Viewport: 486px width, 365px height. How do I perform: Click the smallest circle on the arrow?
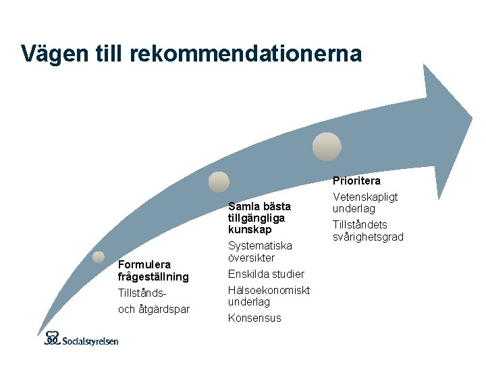tap(99, 257)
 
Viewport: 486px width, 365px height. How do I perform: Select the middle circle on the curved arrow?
tap(219, 181)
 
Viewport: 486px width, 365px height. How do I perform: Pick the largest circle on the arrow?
tap(327, 145)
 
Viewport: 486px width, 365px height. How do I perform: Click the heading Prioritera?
tap(356, 181)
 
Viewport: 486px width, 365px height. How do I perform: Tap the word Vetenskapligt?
tap(365, 197)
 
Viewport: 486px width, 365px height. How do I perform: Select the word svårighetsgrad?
tap(368, 237)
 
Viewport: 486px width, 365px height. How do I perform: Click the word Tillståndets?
tap(360, 224)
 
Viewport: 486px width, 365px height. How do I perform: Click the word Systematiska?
tap(260, 246)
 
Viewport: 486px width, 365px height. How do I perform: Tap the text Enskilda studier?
tap(266, 274)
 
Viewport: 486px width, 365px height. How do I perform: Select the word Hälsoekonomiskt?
tap(269, 290)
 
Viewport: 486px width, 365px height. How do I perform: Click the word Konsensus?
tap(254, 318)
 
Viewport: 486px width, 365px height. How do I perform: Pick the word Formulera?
tap(144, 264)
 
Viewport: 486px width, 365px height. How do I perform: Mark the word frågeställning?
tap(153, 276)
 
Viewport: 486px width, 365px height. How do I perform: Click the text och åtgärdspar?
tap(153, 310)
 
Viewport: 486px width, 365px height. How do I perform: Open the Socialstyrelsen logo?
tap(81, 338)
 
